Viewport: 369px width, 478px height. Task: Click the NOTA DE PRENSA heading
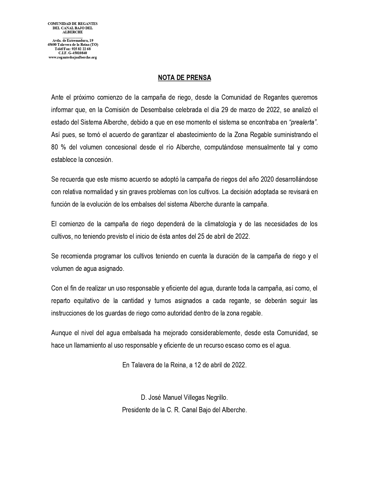click(x=184, y=78)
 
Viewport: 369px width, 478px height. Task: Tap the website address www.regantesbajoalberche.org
click(x=73, y=57)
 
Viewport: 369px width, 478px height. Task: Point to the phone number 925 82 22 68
click(x=81, y=49)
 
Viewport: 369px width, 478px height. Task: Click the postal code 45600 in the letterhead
click(x=52, y=45)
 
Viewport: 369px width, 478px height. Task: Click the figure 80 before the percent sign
click(x=55, y=147)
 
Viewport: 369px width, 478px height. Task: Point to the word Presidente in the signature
click(x=135, y=410)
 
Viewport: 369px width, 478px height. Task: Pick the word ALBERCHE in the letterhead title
click(x=73, y=32)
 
